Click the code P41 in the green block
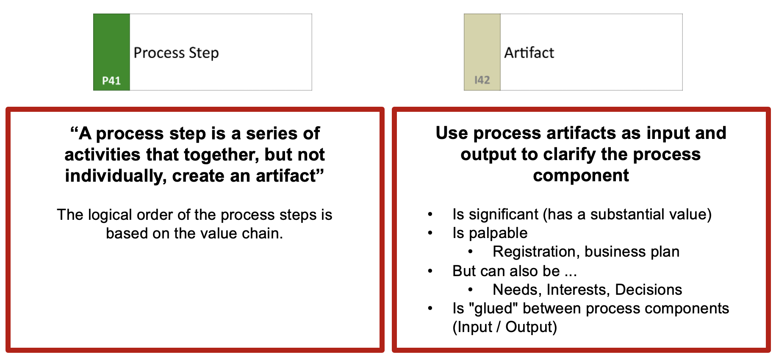click(111, 80)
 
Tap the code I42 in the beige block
click(482, 80)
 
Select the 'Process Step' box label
click(176, 53)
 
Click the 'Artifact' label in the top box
click(529, 53)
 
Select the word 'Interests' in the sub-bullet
click(579, 290)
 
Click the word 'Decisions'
click(649, 290)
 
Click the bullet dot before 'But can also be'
click(430, 271)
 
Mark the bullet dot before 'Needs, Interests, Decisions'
click(471, 290)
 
